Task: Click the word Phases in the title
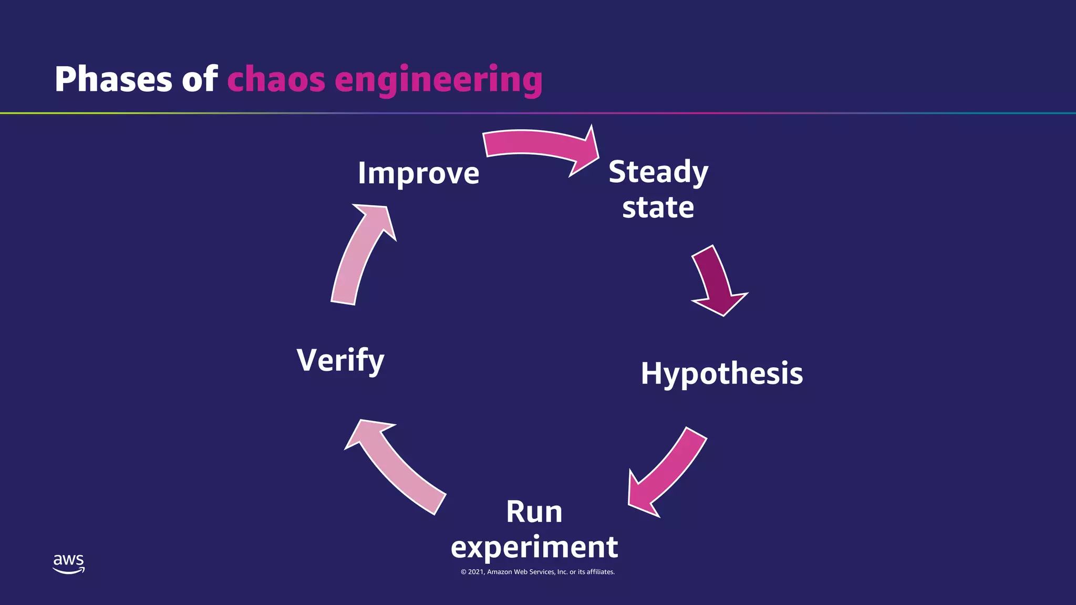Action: tap(113, 80)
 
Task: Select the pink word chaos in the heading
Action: tap(276, 80)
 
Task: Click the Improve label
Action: tap(418, 173)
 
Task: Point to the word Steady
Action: tap(658, 172)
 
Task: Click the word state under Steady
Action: tap(658, 207)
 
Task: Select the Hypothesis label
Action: tap(721, 374)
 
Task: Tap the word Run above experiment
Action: tap(534, 512)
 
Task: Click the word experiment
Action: tap(534, 547)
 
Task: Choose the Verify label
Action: tap(340, 360)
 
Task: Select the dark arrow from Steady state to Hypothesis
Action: tap(717, 281)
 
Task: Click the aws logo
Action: tap(68, 564)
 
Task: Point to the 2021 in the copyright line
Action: tap(476, 572)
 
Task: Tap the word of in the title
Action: tap(200, 80)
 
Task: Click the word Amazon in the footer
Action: tap(500, 572)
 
